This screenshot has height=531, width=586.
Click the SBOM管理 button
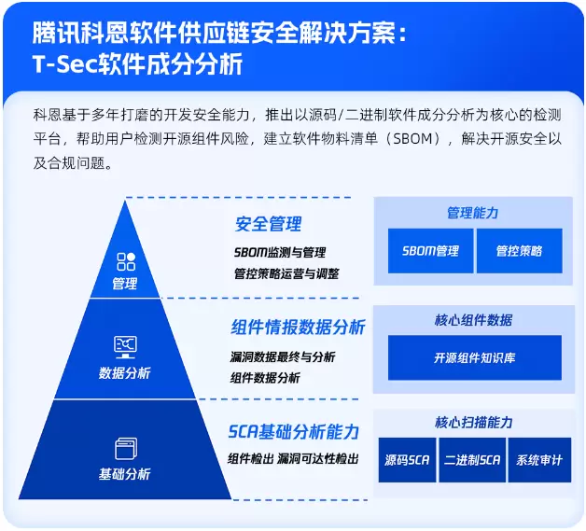(430, 251)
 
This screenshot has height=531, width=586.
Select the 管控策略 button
(519, 251)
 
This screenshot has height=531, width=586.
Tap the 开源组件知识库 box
(474, 358)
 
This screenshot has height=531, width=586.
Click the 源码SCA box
(408, 460)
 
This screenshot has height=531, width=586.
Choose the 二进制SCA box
(471, 460)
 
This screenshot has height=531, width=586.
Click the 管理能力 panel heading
(473, 213)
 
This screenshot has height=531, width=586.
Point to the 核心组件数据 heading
(473, 320)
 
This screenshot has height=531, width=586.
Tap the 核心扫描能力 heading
(473, 423)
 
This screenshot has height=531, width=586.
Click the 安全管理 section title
(268, 225)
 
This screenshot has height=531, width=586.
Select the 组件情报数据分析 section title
(298, 328)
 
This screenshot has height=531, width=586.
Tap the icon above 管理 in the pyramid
(125, 261)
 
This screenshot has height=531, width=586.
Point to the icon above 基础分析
(125, 448)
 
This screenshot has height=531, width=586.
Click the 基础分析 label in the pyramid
(125, 474)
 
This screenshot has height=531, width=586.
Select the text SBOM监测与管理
(280, 252)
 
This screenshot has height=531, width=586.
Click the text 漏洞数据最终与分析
(283, 356)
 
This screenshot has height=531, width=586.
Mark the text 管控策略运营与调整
(286, 274)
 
